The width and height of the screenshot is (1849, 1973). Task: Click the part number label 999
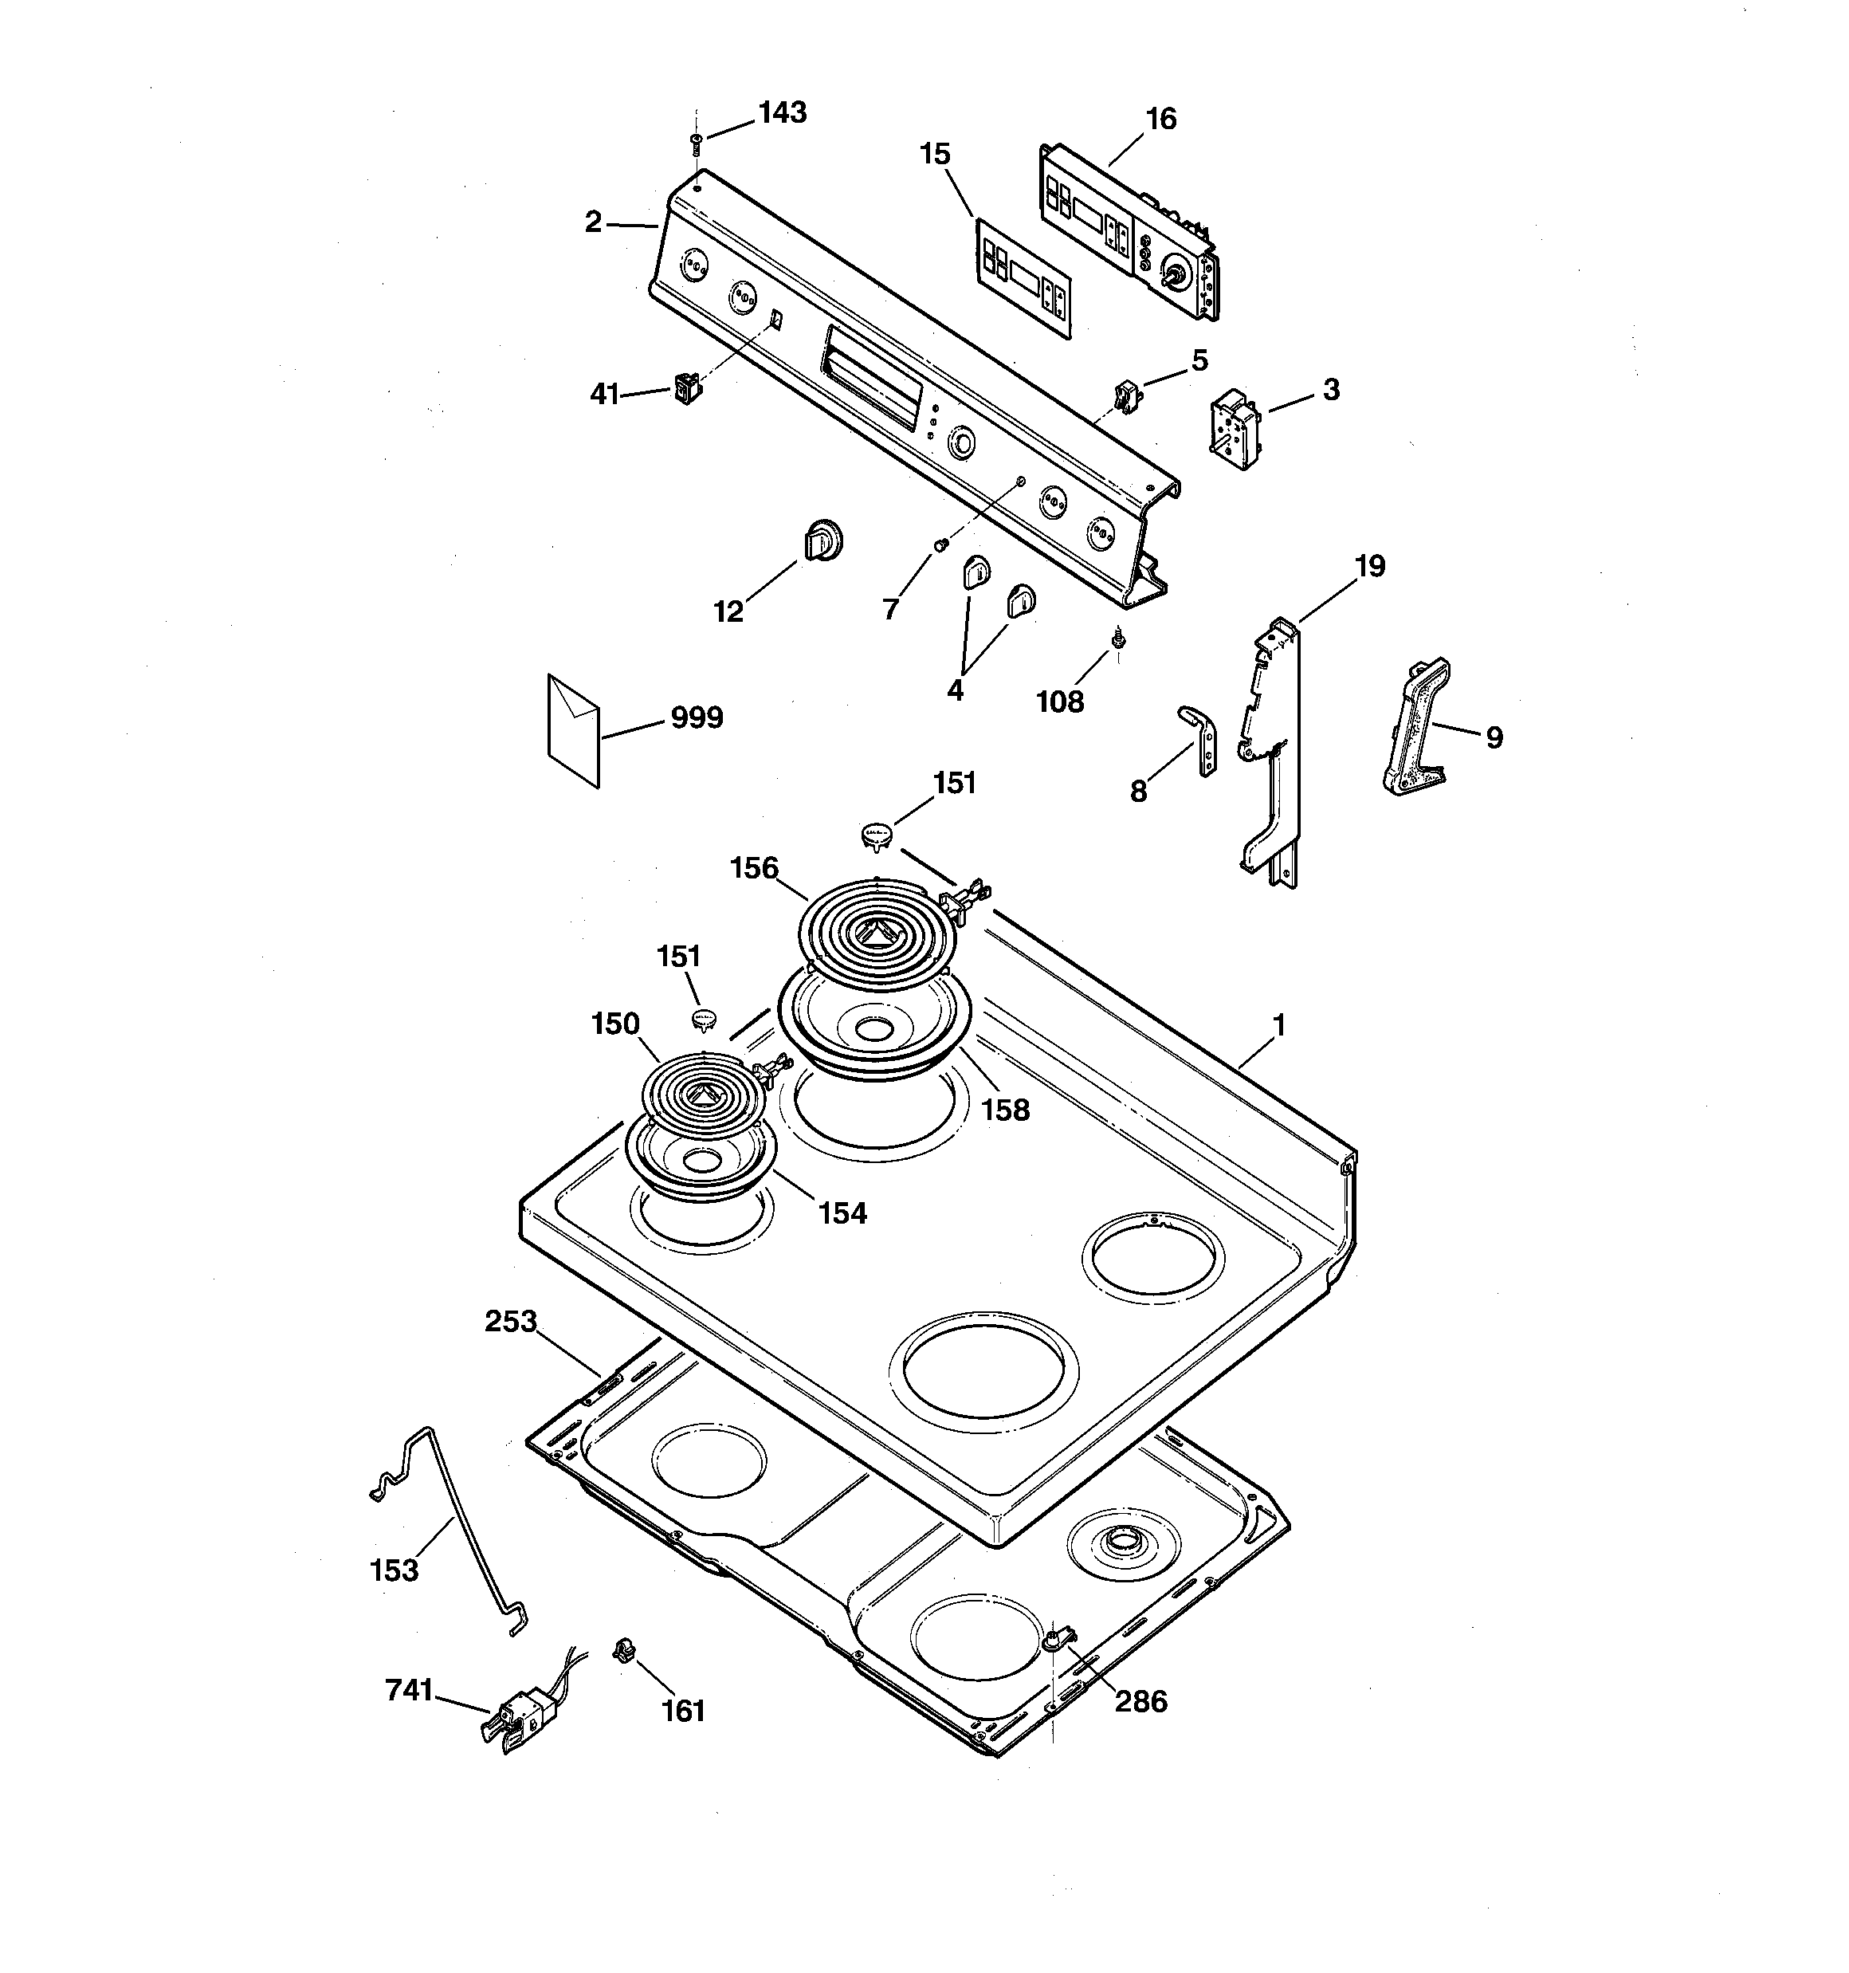pos(697,717)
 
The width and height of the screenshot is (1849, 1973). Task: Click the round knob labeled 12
pos(822,541)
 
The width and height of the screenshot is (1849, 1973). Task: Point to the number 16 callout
pos(1160,119)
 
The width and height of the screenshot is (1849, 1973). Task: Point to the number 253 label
pos(511,1322)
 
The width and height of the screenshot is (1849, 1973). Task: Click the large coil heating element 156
pos(873,932)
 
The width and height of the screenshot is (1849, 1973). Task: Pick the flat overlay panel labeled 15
pos(1023,279)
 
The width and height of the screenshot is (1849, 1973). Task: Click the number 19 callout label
pos(1370,567)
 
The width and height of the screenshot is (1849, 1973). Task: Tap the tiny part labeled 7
pos(942,543)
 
